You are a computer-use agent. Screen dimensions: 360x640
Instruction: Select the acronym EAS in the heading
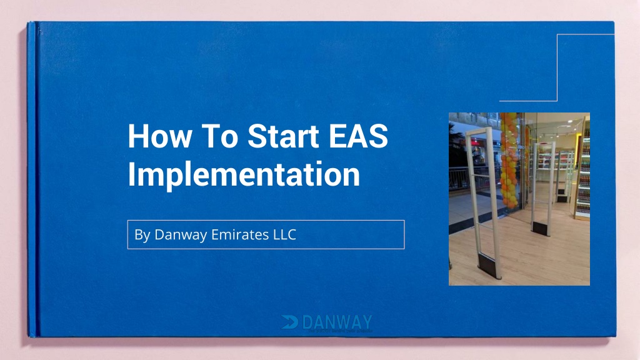(x=359, y=136)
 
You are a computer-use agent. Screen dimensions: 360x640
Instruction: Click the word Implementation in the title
(x=244, y=174)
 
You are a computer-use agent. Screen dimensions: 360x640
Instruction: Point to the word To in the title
(x=213, y=136)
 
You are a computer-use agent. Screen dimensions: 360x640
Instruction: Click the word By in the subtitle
(x=142, y=235)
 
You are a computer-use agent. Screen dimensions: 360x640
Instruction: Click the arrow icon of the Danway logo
(x=289, y=322)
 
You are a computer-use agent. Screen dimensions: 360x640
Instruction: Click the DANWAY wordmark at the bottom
(x=336, y=322)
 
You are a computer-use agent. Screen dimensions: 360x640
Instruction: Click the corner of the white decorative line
(x=556, y=100)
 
